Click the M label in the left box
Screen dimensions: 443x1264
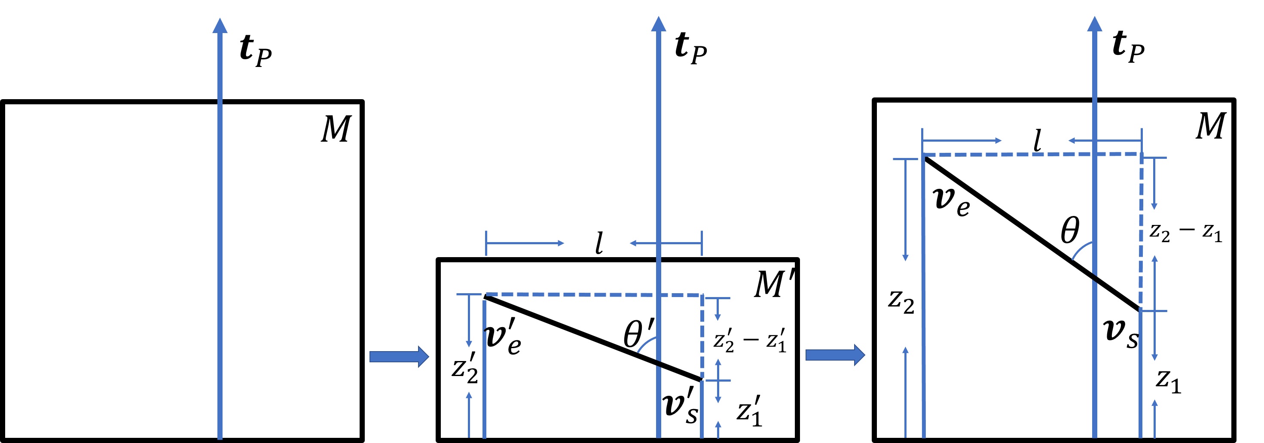coord(336,129)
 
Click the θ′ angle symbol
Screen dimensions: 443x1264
coord(638,334)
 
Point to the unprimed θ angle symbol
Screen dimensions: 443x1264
coord(1070,231)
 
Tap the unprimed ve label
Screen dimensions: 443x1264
coord(951,201)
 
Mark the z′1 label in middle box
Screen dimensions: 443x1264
coord(749,411)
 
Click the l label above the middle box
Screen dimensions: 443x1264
coord(598,243)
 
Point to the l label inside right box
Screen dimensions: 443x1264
coord(1037,141)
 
